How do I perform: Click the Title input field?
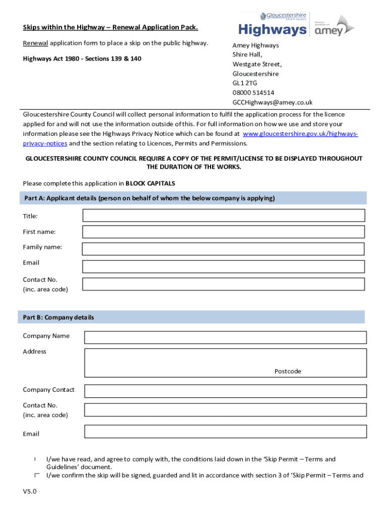coord(223,216)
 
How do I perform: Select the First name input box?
coord(223,232)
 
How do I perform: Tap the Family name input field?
coord(223,249)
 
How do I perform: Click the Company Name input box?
coord(225,337)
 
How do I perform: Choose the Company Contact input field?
coord(225,391)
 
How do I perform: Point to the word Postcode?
coord(288,371)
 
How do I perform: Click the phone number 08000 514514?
coord(253,93)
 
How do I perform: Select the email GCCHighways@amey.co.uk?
coord(272,102)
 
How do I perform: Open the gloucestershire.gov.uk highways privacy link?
coord(300,134)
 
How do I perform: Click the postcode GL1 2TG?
coord(244,83)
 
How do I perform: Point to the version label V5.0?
coord(30,491)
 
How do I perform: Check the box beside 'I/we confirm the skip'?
coord(37,475)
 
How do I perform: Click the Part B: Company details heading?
coord(58,318)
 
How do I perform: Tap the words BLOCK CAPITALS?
coord(150,183)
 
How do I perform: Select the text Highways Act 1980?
coord(50,59)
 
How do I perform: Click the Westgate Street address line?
coord(257,64)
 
